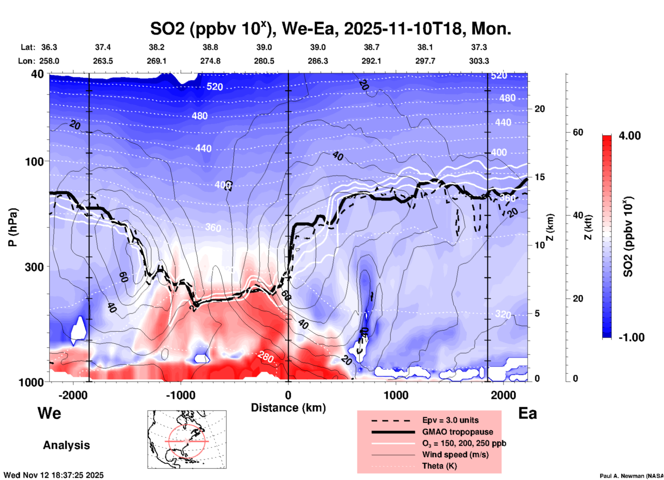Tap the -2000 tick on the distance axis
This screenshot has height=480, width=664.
pyautogui.click(x=73, y=395)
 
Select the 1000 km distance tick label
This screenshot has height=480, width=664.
pyautogui.click(x=396, y=395)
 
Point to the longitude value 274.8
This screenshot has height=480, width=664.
pyautogui.click(x=210, y=61)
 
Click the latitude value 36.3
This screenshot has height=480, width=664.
pyautogui.click(x=49, y=47)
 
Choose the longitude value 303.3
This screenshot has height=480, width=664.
pyautogui.click(x=479, y=61)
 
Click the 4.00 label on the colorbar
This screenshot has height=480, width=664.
pyautogui.click(x=630, y=136)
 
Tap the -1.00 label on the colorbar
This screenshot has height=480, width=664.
pyautogui.click(x=631, y=337)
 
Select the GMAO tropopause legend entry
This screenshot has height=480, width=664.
pyautogui.click(x=457, y=432)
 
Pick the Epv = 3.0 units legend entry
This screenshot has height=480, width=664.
pyautogui.click(x=450, y=420)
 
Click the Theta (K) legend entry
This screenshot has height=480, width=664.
pyautogui.click(x=439, y=466)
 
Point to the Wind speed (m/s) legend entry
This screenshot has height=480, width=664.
pyautogui.click(x=455, y=455)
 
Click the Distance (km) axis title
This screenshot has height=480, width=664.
pyautogui.click(x=288, y=408)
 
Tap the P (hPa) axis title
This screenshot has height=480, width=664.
pyautogui.click(x=13, y=227)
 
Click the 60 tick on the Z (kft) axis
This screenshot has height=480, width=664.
pyautogui.click(x=578, y=132)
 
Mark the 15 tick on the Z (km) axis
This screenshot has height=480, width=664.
pyautogui.click(x=540, y=177)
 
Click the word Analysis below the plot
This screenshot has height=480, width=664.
pyautogui.click(x=66, y=445)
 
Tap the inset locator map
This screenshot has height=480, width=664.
pyautogui.click(x=187, y=439)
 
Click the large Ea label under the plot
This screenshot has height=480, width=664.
pyautogui.click(x=527, y=414)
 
